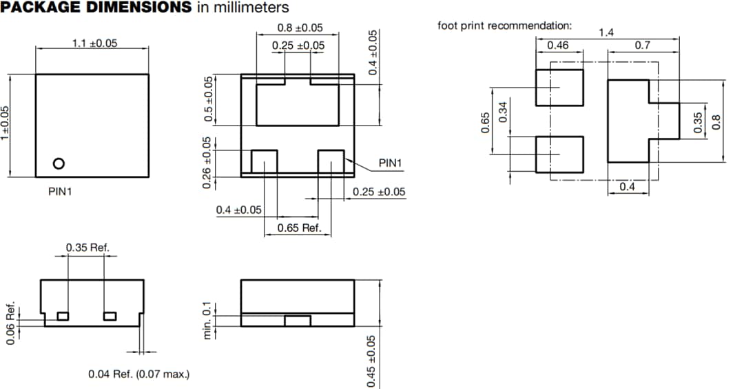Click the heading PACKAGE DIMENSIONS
96,8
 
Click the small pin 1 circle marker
59,163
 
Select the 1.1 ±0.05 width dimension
95,43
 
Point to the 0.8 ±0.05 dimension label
300,28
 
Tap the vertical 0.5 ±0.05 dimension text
207,100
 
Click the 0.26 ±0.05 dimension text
206,163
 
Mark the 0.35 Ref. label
87,248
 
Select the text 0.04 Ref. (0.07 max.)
139,374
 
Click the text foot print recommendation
504,26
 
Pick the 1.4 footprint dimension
606,32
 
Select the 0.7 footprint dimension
643,46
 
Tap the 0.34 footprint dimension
503,110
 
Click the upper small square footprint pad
559,88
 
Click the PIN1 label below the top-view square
60,191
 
